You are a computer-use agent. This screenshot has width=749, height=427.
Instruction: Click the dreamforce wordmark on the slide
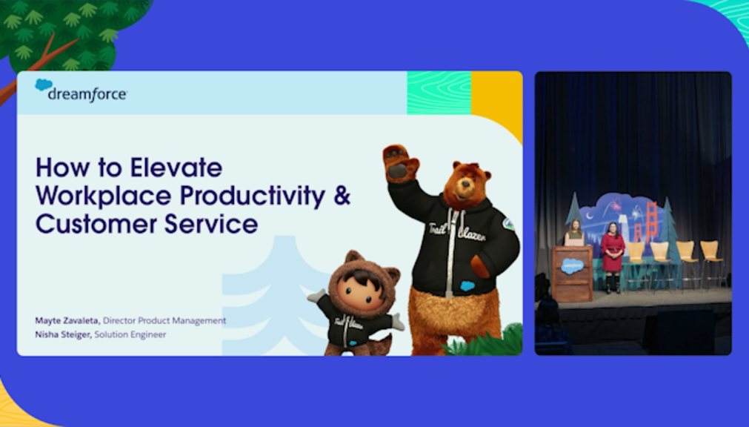[87, 94]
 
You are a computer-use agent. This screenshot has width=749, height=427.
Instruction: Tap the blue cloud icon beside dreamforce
[44, 85]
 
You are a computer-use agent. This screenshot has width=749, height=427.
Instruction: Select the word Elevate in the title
[176, 168]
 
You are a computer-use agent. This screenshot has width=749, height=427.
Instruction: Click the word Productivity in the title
[253, 196]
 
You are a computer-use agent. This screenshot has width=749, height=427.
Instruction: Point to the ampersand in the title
[342, 196]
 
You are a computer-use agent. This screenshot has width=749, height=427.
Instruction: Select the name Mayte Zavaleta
[67, 320]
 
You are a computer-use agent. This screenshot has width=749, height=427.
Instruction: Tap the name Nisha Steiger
[62, 334]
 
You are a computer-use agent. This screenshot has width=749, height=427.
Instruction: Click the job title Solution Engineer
[130, 334]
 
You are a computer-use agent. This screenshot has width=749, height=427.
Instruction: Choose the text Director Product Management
[164, 320]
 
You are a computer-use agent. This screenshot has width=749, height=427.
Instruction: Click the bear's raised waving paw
[400, 163]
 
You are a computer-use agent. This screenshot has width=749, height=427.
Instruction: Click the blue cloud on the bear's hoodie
[467, 285]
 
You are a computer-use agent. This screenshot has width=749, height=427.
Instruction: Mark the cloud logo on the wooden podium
[572, 266]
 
